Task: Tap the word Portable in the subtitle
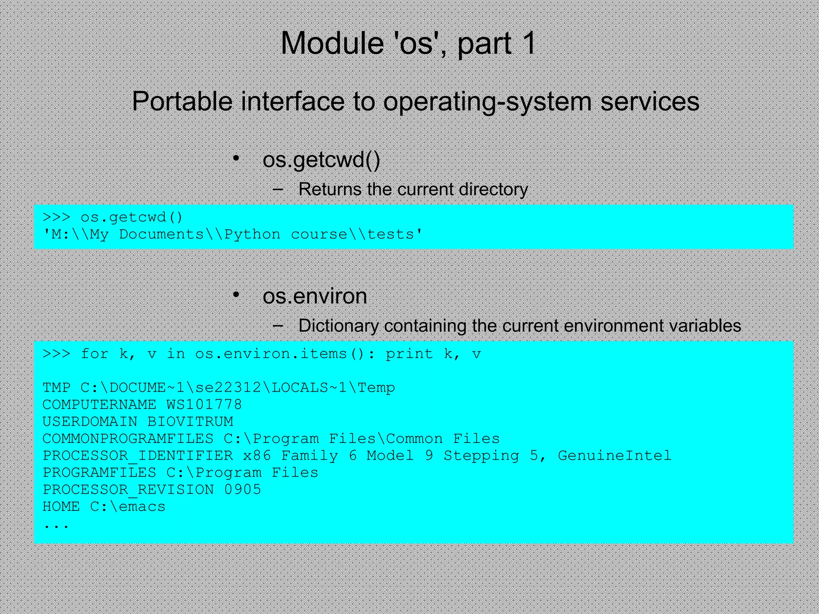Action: click(182, 101)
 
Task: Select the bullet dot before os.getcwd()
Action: click(236, 158)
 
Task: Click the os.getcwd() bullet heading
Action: click(321, 160)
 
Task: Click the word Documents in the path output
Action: click(162, 234)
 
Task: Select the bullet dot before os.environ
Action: click(236, 295)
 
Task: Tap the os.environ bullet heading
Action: click(315, 296)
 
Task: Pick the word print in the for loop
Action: click(409, 354)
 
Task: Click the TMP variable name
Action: click(56, 388)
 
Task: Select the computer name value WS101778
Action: click(204, 405)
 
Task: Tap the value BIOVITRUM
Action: click(190, 422)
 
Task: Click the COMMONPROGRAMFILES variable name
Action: click(128, 439)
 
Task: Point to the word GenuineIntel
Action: click(614, 456)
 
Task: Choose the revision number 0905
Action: click(242, 490)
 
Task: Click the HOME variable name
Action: click(61, 506)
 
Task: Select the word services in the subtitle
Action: click(650, 101)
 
